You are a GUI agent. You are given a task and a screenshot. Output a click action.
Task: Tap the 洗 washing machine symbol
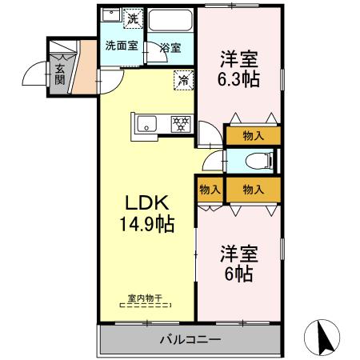click(132, 18)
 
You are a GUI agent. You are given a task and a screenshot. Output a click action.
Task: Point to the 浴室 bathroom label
click(169, 48)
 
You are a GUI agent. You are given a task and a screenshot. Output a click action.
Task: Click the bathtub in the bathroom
click(171, 22)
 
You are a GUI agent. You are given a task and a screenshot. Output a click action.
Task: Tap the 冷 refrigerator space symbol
click(182, 79)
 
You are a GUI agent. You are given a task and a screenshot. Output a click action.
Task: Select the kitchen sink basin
click(147, 122)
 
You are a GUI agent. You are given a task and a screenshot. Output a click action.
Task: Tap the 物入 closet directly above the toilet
click(253, 136)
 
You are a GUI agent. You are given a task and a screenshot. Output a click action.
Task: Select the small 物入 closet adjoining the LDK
click(210, 190)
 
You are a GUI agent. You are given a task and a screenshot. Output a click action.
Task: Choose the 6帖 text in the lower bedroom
click(238, 274)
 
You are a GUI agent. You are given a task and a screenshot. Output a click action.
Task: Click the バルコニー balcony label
click(191, 339)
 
